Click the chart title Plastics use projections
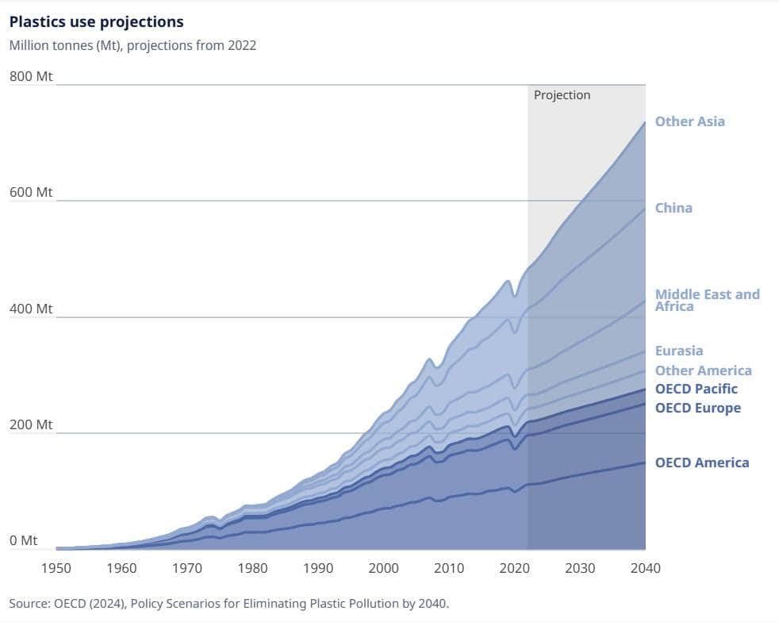pyautogui.click(x=96, y=21)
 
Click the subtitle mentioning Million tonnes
pyautogui.click(x=132, y=45)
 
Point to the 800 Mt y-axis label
pyautogui.click(x=31, y=77)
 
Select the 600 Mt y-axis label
pyautogui.click(x=31, y=193)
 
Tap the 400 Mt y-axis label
pyautogui.click(x=31, y=309)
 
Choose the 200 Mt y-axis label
pyautogui.click(x=31, y=424)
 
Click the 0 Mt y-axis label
pyautogui.click(x=24, y=540)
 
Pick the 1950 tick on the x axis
pyautogui.click(x=56, y=568)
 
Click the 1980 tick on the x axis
pyautogui.click(x=252, y=568)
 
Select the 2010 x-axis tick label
pyautogui.click(x=449, y=568)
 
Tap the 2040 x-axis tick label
pyautogui.click(x=645, y=568)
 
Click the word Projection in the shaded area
pyautogui.click(x=562, y=95)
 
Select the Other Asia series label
pyautogui.click(x=689, y=121)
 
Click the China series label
pyautogui.click(x=673, y=208)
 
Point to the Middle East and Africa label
pyautogui.click(x=707, y=300)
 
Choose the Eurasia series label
pyautogui.click(x=679, y=351)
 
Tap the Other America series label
pyautogui.click(x=703, y=371)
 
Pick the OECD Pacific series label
pyautogui.click(x=696, y=389)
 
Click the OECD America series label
pyautogui.click(x=701, y=463)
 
